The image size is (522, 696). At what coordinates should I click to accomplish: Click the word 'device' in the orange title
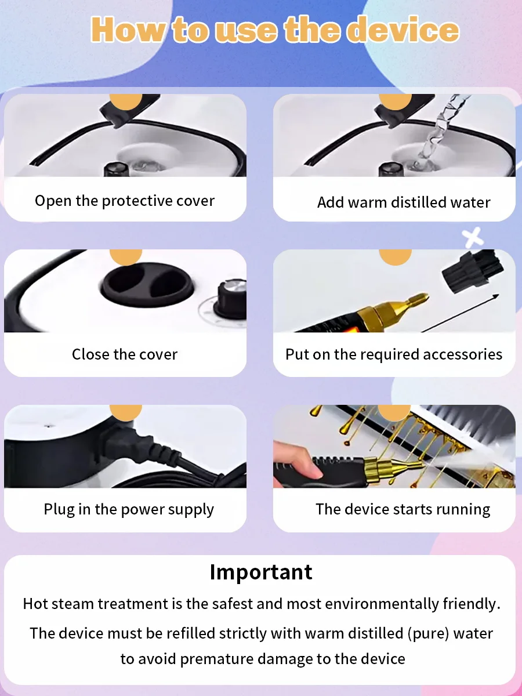pos(405,30)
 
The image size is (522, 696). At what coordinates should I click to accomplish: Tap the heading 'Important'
pos(261,572)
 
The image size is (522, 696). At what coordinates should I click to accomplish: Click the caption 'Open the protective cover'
pos(125,201)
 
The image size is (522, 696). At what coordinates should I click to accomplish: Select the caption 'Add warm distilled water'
pos(404,202)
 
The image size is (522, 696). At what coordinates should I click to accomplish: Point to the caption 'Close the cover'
pos(125,354)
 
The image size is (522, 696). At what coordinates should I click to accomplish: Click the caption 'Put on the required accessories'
pos(394,354)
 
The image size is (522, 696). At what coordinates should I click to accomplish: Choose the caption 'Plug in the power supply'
pos(129,510)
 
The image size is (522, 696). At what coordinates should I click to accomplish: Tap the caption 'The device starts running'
pos(403,509)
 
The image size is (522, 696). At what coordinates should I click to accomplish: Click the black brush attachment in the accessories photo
pos(473,270)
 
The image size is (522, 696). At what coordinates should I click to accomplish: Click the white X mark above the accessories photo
pos(473,237)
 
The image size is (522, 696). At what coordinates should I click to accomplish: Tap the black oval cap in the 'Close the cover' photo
pos(146,285)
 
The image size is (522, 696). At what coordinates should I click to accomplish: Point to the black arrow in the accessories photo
pos(460,313)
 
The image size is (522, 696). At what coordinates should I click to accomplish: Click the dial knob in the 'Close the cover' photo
pos(231,299)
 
